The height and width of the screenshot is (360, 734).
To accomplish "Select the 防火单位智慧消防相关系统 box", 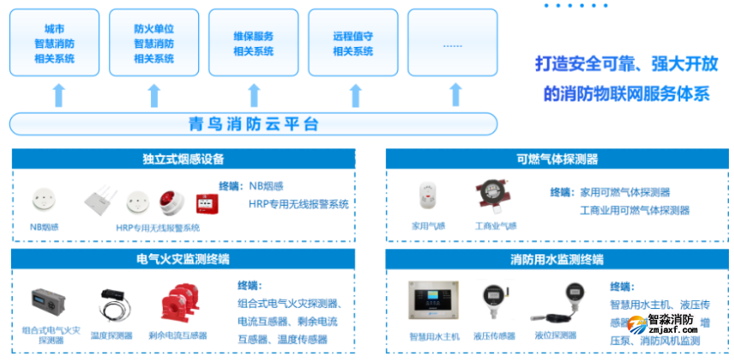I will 154,43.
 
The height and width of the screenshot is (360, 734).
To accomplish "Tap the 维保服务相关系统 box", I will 253,43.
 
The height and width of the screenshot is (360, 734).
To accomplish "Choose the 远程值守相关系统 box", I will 352,43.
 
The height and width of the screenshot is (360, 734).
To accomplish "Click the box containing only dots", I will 452,43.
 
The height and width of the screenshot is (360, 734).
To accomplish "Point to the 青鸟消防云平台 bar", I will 253,125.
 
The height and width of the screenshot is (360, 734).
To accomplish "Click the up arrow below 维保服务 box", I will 253,94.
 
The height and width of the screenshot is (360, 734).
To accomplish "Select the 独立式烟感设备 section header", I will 183,159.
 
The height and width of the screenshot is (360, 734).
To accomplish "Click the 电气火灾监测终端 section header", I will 183,258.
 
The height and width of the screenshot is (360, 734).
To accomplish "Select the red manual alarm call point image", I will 205,203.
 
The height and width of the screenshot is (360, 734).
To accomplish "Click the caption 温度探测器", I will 111,335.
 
